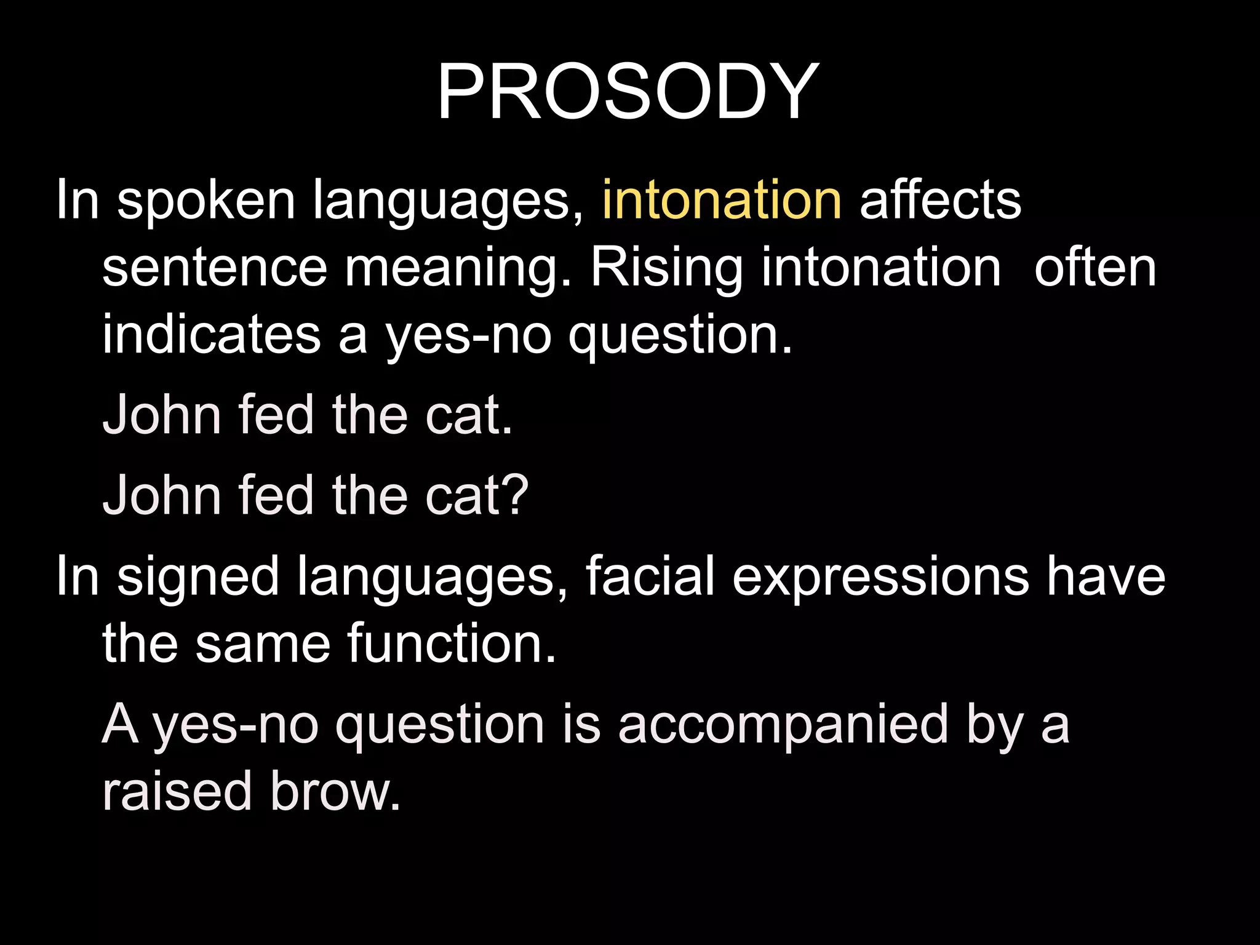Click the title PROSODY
(628, 92)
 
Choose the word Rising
(666, 269)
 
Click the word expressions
(880, 577)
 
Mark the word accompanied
(783, 725)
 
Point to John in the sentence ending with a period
(162, 415)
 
